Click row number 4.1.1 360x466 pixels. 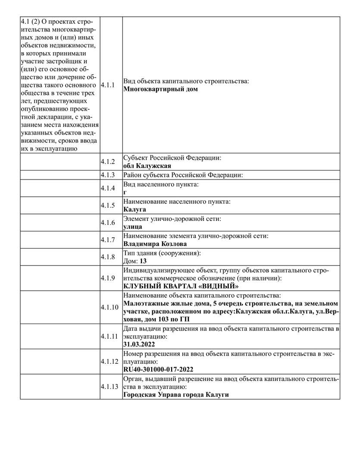pyautogui.click(x=108, y=85)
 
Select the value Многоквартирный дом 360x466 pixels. pyautogui.click(x=160, y=89)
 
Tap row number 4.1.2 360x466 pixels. pyautogui.click(x=108, y=162)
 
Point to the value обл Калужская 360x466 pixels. pyautogui.click(x=147, y=166)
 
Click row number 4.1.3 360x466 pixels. pyautogui.click(x=108, y=175)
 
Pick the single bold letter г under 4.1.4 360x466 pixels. pyautogui.click(x=125, y=192)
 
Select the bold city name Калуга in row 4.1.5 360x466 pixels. pyautogui.click(x=135, y=209)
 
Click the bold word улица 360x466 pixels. pyautogui.click(x=133, y=227)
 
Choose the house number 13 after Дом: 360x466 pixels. pyautogui.click(x=144, y=261)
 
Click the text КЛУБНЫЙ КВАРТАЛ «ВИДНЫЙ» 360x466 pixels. pyautogui.click(x=181, y=286)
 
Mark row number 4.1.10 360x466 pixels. pyautogui.click(x=109, y=307)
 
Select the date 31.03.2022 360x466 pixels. pyautogui.click(x=139, y=344)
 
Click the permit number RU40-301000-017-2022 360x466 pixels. pyautogui.click(x=158, y=369)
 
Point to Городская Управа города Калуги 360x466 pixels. pyautogui.click(x=176, y=395)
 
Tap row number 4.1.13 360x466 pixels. pyautogui.click(x=109, y=387)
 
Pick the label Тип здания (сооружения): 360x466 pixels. pyautogui.click(x=163, y=253)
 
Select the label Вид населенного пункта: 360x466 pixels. pyautogui.click(x=161, y=184)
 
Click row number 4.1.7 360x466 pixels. pyautogui.click(x=108, y=239)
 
